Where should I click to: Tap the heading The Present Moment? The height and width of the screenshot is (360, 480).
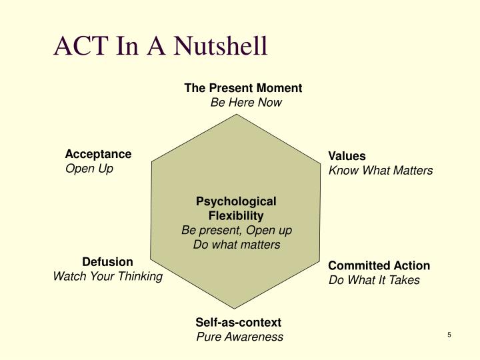243,88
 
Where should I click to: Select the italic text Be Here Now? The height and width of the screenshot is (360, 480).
246,103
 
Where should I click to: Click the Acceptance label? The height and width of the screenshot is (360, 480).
98,154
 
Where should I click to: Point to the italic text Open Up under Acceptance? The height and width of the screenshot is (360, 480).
89,169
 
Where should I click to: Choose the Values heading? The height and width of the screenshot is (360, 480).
347,156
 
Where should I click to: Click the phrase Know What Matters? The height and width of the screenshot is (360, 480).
381,171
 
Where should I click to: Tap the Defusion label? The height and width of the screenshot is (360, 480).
107,261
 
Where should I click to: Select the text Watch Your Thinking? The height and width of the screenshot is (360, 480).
108,276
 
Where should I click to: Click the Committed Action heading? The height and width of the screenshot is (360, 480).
379,265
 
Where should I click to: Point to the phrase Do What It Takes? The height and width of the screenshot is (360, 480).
374,280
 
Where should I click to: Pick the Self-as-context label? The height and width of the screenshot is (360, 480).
239,322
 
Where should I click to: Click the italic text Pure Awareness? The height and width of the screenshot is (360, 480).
239,337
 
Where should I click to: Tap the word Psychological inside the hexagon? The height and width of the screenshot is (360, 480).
236,201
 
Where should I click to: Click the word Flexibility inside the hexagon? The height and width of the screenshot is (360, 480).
236,215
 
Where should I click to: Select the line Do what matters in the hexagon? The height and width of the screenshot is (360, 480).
237,245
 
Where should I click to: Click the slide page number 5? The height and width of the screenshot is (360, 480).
449,335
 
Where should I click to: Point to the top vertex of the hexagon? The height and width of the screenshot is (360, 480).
236,114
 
